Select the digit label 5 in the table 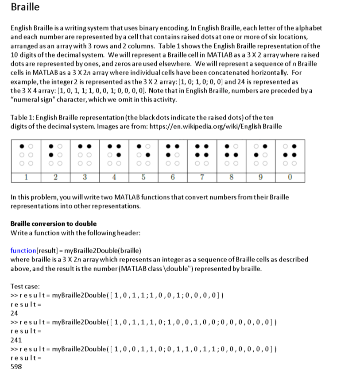tap(143, 177)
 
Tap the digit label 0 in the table tap(290, 177)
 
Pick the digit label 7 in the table tap(202, 177)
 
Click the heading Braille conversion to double tap(53, 223)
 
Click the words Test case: tap(25, 286)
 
